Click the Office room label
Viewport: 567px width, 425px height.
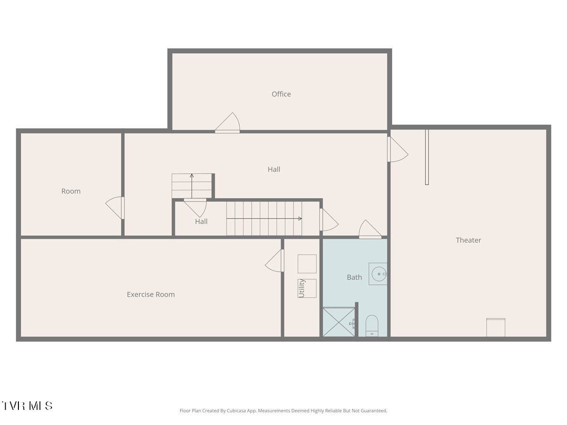click(x=281, y=94)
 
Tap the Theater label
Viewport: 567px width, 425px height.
click(x=468, y=240)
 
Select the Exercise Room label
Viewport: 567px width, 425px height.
click(x=151, y=294)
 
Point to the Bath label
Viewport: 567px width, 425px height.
click(x=354, y=277)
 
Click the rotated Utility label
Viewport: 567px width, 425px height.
click(x=301, y=288)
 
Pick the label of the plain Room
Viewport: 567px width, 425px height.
click(x=71, y=191)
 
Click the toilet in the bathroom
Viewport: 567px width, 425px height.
click(x=372, y=326)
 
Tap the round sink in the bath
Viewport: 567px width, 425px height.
click(x=379, y=274)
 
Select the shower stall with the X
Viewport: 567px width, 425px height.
click(x=339, y=322)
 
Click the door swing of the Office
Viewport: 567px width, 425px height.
click(x=227, y=123)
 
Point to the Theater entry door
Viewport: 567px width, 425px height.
click(x=398, y=149)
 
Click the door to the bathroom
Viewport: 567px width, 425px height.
click(x=370, y=229)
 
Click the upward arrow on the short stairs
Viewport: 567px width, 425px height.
click(x=192, y=186)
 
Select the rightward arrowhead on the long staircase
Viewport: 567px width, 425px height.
click(x=300, y=219)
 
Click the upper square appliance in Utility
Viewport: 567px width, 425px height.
click(x=307, y=263)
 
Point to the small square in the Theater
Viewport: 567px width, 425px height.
click(x=496, y=327)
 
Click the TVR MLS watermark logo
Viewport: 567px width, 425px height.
click(x=27, y=406)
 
